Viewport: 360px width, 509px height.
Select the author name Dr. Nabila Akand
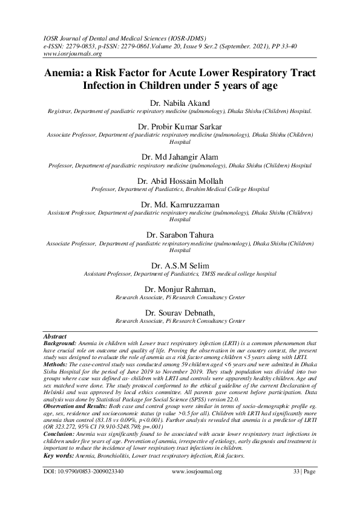(180, 102)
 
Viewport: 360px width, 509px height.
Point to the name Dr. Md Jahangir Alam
(180, 155)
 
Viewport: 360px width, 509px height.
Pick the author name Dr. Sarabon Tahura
(180, 233)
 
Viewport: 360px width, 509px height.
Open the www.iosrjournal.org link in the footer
(198, 487)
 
